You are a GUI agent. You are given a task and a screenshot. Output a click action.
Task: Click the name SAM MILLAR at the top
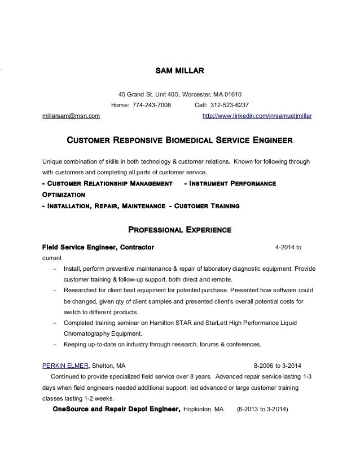[179, 72]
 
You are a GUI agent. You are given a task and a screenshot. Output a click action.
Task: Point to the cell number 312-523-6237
[229, 105]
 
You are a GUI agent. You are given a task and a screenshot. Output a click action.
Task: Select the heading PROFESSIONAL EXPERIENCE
[180, 230]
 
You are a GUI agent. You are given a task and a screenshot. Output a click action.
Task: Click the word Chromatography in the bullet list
[87, 333]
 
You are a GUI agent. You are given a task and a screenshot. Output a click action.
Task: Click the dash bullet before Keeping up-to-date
[54, 344]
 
